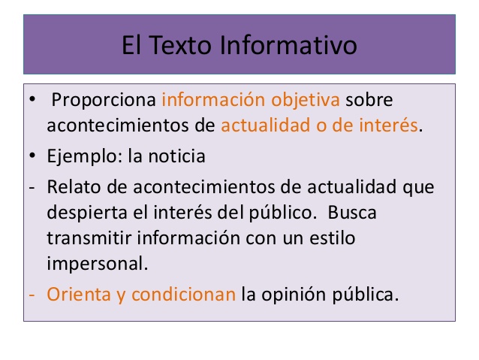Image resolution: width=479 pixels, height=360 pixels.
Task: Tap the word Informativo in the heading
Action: pos(288,45)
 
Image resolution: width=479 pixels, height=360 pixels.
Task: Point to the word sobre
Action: pos(370,99)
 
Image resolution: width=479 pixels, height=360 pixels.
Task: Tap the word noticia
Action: pos(177,157)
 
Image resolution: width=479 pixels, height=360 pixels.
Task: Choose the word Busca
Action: pos(351,212)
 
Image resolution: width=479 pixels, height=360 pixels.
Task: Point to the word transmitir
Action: pos(83,238)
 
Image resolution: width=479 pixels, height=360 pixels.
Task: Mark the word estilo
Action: pos(330,238)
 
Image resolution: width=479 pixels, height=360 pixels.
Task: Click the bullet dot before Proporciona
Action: pos(32,99)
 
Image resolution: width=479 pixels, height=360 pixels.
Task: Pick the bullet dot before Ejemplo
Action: pos(32,157)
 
